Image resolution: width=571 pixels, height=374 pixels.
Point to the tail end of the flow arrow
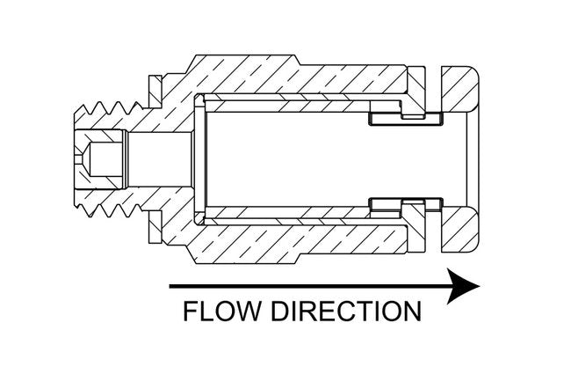[x=172, y=286]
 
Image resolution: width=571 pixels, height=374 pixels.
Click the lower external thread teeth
[x=111, y=210]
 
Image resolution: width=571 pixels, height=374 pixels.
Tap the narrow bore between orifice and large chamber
[x=158, y=159]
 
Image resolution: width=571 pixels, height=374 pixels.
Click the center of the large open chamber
[x=290, y=159]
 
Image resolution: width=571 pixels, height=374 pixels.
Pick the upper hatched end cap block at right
[x=461, y=92]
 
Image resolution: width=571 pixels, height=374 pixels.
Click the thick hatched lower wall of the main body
[x=290, y=243]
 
